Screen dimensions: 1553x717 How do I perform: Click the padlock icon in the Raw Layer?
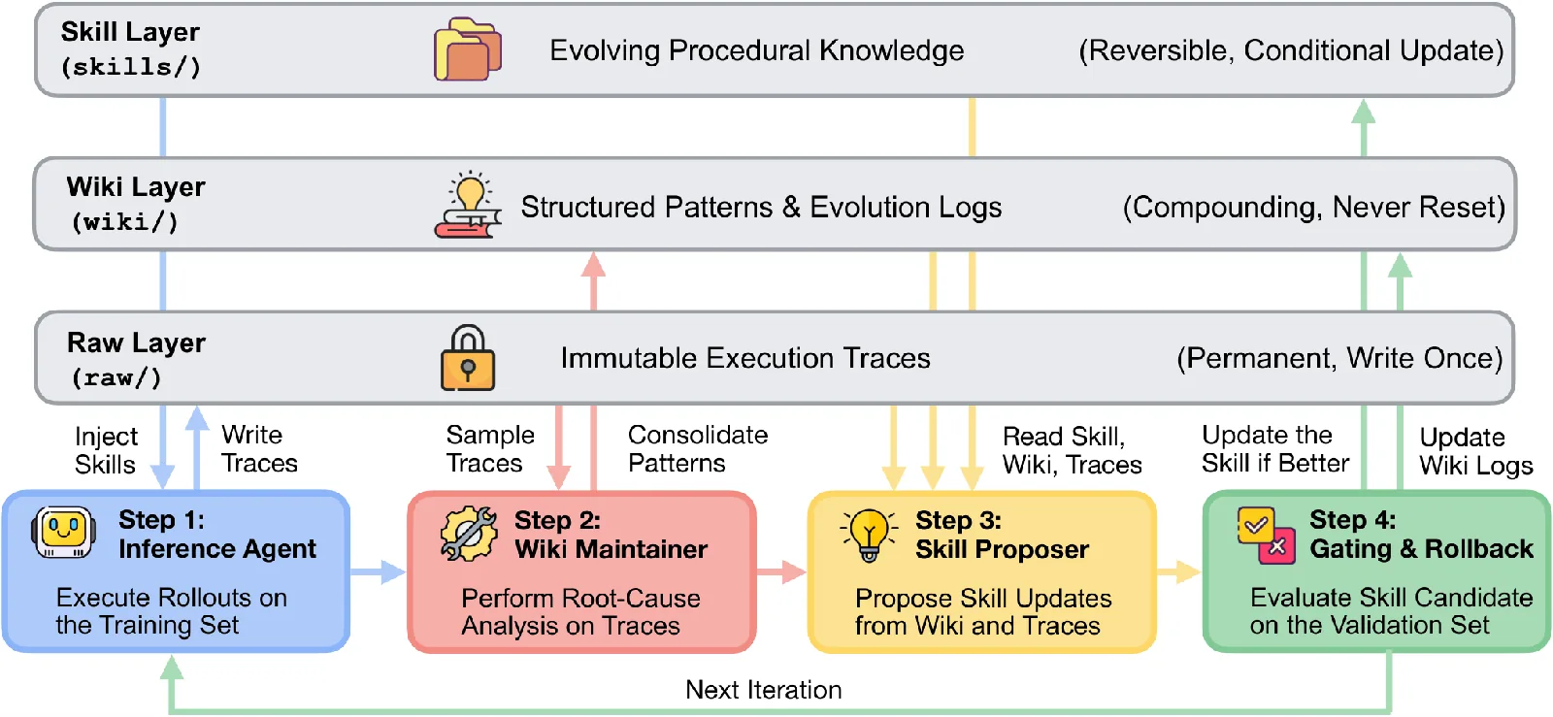pyautogui.click(x=468, y=357)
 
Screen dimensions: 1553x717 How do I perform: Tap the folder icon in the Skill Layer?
pyautogui.click(x=468, y=49)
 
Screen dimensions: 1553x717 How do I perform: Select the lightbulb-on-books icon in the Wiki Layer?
pyautogui.click(x=468, y=205)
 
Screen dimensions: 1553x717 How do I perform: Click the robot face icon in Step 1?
pyautogui.click(x=63, y=533)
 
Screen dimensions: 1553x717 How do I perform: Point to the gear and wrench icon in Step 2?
pyautogui.click(x=469, y=534)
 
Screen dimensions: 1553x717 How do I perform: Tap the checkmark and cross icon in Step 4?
pyautogui.click(x=1266, y=536)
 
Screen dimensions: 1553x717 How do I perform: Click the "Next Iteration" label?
pyautogui.click(x=763, y=689)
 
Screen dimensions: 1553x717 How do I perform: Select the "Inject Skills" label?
pyautogui.click(x=106, y=450)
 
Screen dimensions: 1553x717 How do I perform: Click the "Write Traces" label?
pyautogui.click(x=259, y=449)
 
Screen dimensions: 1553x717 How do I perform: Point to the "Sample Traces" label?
pyautogui.click(x=490, y=449)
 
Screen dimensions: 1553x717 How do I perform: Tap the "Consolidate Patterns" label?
pyautogui.click(x=698, y=449)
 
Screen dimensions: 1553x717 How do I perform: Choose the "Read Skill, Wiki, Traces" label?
pyautogui.click(x=1072, y=450)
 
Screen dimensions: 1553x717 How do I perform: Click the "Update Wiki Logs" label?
pyautogui.click(x=1476, y=451)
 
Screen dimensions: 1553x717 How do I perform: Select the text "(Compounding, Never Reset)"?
pyautogui.click(x=1314, y=207)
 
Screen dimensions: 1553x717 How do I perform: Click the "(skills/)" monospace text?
pyautogui.click(x=131, y=67)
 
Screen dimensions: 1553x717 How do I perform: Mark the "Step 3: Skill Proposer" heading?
pyautogui.click(x=1002, y=535)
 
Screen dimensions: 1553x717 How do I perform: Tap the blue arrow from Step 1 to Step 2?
pyautogui.click(x=378, y=571)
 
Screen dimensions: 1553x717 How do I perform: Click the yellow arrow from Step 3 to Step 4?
pyautogui.click(x=1178, y=571)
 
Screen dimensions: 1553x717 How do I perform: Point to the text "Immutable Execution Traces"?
pyautogui.click(x=745, y=358)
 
